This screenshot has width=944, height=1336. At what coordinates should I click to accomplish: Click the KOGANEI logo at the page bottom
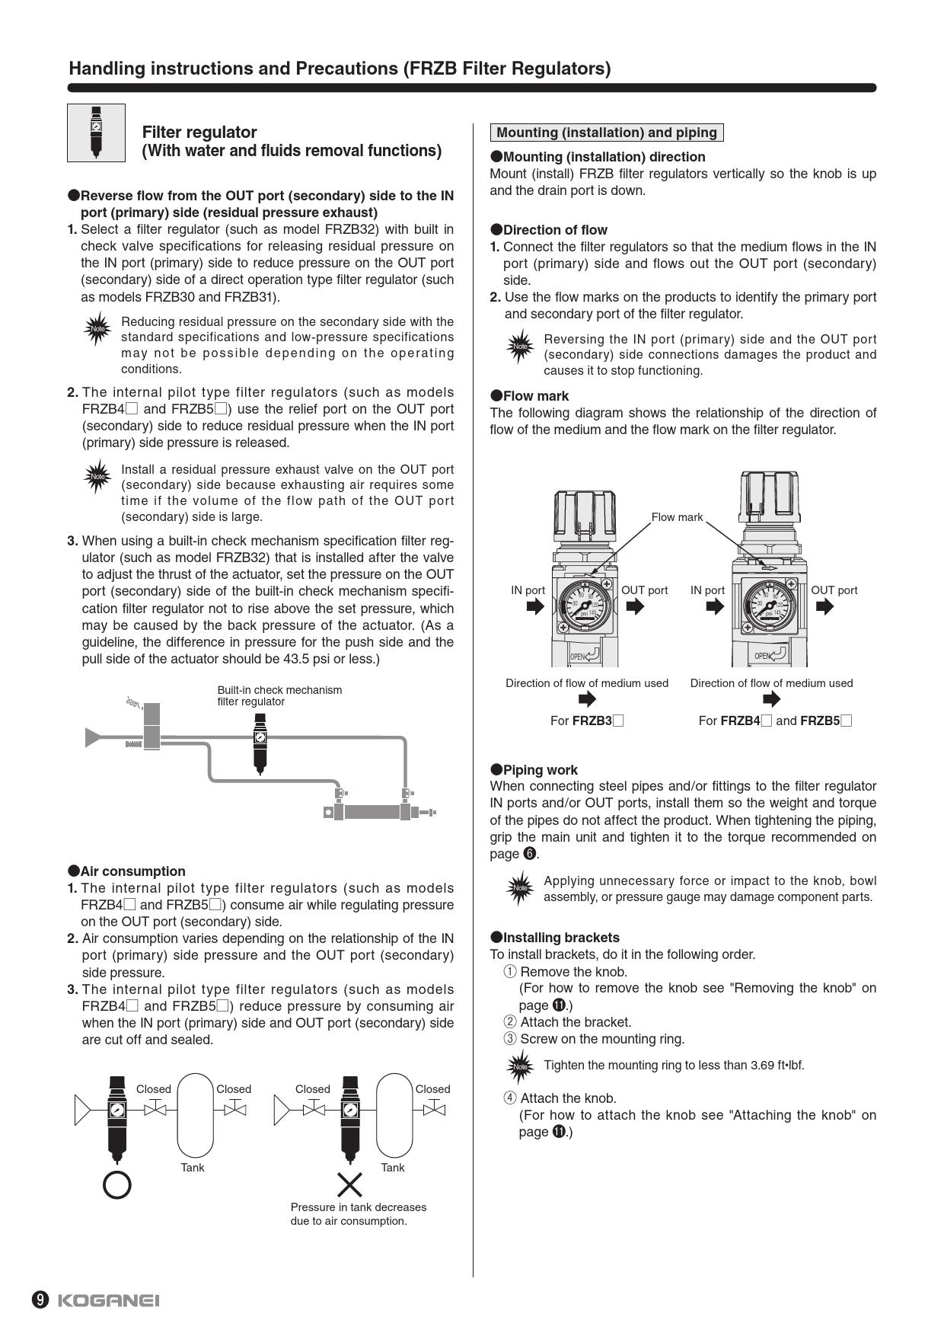[108, 1299]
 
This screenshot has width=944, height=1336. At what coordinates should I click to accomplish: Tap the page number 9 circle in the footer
[40, 1299]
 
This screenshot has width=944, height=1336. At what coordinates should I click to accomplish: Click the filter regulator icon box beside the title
[96, 133]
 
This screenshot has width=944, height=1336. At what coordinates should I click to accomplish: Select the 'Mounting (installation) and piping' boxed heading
[607, 133]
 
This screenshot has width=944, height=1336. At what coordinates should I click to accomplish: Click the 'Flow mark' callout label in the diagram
[677, 517]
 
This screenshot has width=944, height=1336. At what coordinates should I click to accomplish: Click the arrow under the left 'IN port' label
[535, 606]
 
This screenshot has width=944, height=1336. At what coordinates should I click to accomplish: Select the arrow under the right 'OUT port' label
[824, 606]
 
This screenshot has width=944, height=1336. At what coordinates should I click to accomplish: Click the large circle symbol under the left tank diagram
[117, 1184]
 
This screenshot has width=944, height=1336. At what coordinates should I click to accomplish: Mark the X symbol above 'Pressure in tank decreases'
[349, 1184]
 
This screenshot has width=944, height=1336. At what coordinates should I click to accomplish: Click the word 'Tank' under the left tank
[193, 1168]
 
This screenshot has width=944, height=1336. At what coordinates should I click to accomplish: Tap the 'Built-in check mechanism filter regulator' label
[279, 695]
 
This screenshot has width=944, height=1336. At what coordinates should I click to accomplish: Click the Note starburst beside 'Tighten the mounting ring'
[521, 1066]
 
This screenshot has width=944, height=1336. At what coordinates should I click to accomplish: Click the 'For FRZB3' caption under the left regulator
[586, 721]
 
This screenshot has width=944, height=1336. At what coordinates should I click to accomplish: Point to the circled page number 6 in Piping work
[530, 854]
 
